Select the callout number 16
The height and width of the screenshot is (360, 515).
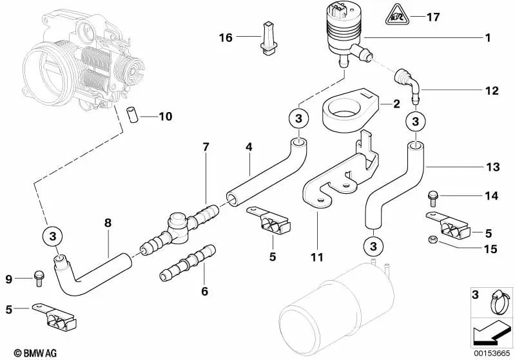click(225, 38)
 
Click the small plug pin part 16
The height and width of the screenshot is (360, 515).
click(269, 36)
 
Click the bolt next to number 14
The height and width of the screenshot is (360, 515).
click(433, 194)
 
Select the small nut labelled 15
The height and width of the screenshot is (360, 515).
click(433, 240)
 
